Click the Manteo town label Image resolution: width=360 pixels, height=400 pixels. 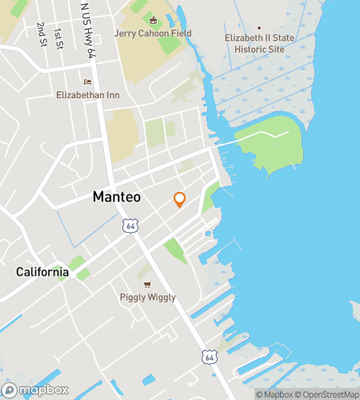pos(117,196)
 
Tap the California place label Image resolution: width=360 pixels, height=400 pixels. pos(42,272)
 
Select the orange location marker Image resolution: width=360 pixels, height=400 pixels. pos(179,200)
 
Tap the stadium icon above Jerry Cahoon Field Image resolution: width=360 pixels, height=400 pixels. pos(153,19)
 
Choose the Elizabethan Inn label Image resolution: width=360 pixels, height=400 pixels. pos(87,94)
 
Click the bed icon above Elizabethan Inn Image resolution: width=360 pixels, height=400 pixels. pos(87,82)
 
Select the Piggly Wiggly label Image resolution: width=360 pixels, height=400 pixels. pos(147,298)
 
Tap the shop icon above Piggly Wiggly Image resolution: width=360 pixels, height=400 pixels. pos(146,284)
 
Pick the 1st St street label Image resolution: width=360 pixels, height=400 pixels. pos(58,38)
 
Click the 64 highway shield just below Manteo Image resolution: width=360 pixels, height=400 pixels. pos(130,226)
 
